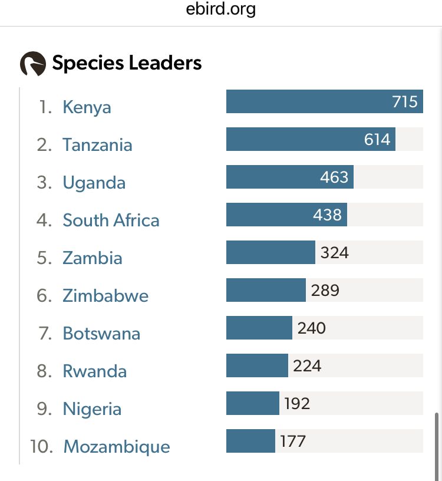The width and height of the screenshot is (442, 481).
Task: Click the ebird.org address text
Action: pyautogui.click(x=221, y=10)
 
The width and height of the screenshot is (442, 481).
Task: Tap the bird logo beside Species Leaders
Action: pyautogui.click(x=32, y=64)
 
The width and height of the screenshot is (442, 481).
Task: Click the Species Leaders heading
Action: pyautogui.click(x=127, y=63)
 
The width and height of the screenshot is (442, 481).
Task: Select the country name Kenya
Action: pyautogui.click(x=87, y=107)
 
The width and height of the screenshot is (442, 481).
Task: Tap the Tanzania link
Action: pyautogui.click(x=97, y=145)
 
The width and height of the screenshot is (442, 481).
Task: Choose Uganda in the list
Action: pyautogui.click(x=94, y=183)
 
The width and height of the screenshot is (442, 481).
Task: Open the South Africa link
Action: pyautogui.click(x=111, y=220)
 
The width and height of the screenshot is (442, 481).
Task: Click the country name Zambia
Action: pyautogui.click(x=93, y=258)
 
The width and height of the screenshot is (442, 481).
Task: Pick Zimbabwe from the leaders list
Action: pyautogui.click(x=105, y=296)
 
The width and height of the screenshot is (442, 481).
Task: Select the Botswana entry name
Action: pyautogui.click(x=101, y=334)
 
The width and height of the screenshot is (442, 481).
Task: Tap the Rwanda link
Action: pyautogui.click(x=94, y=371)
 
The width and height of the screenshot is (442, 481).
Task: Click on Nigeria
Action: pyautogui.click(x=92, y=409)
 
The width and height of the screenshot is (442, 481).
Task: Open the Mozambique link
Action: pyautogui.click(x=116, y=447)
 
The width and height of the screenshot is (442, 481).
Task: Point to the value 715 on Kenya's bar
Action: pyautogui.click(x=405, y=101)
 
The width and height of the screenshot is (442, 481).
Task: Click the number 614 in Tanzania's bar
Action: pyautogui.click(x=377, y=139)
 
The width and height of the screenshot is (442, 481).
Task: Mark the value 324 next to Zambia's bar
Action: pyautogui.click(x=335, y=253)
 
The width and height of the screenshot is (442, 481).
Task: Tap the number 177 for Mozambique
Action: pyautogui.click(x=293, y=441)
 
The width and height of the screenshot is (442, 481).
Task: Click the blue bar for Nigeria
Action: pyautogui.click(x=252, y=403)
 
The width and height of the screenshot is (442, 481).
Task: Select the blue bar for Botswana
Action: pyautogui.click(x=259, y=328)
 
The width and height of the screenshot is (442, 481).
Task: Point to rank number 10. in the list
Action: pyautogui.click(x=42, y=447)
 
